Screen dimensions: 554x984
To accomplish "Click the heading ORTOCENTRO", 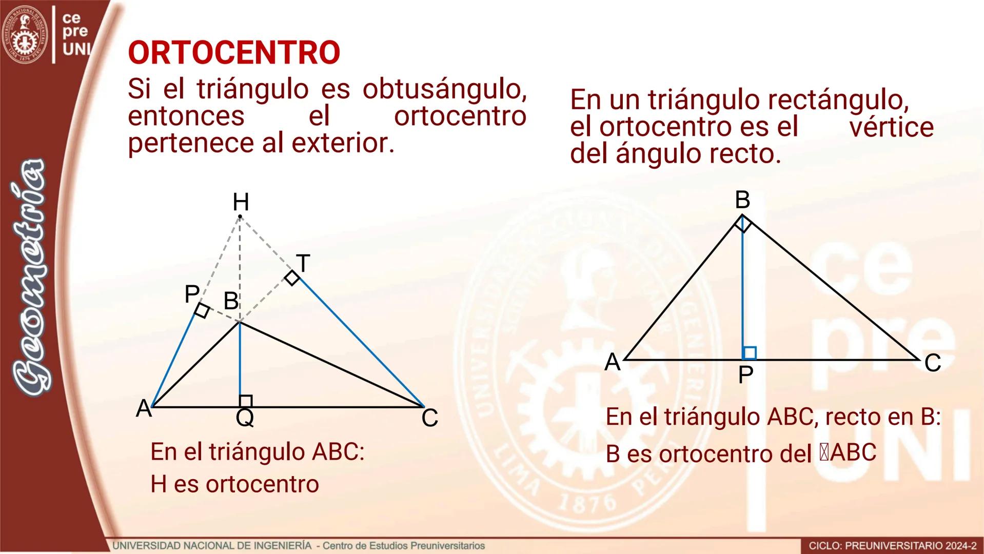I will pyautogui.click(x=234, y=52).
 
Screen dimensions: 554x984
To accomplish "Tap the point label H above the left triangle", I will pyautogui.click(x=241, y=202).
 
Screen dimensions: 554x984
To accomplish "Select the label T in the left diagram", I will pyautogui.click(x=303, y=264).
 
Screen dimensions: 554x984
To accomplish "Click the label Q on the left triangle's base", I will pyautogui.click(x=245, y=418).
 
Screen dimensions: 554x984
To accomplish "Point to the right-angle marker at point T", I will pyautogui.click(x=292, y=278).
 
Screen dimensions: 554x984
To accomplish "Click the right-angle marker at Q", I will pyautogui.click(x=246, y=401).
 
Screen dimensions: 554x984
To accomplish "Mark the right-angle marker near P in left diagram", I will pyautogui.click(x=202, y=310).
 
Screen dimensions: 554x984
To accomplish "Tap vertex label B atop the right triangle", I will pyautogui.click(x=742, y=200).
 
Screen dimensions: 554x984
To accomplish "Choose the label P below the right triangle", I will pyautogui.click(x=745, y=375).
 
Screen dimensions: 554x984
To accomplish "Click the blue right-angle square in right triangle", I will pyautogui.click(x=749, y=353).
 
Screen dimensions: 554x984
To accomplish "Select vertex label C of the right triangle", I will pyautogui.click(x=932, y=363).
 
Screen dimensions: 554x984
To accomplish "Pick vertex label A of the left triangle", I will pyautogui.click(x=144, y=409).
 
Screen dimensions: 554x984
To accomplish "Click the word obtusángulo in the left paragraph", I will pyautogui.click(x=444, y=89).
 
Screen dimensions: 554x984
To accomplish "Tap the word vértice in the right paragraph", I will pyautogui.click(x=891, y=127).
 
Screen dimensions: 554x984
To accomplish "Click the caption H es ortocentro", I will pyautogui.click(x=234, y=484).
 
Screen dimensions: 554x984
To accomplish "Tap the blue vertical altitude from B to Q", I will pyautogui.click(x=240, y=359).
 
